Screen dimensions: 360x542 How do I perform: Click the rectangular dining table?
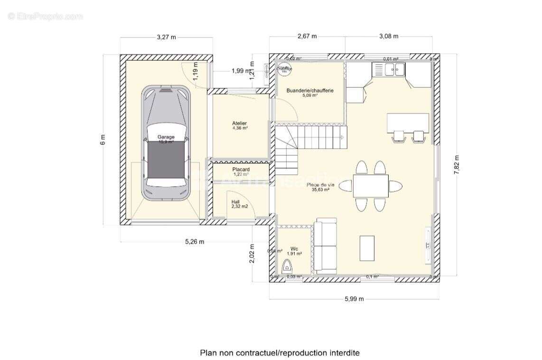(370, 186)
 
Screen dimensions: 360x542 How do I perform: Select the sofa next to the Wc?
(326, 246)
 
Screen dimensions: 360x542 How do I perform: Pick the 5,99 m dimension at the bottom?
(354, 299)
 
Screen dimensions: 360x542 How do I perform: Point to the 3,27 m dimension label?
(166, 37)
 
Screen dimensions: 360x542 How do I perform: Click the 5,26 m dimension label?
(195, 242)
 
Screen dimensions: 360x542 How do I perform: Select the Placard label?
(241, 170)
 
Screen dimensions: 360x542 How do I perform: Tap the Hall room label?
(236, 202)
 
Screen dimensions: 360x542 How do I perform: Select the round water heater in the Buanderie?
(285, 69)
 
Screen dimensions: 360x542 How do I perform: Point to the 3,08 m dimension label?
(389, 37)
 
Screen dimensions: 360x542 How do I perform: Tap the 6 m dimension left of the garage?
(103, 140)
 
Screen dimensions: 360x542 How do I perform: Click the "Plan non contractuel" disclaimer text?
(280, 352)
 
